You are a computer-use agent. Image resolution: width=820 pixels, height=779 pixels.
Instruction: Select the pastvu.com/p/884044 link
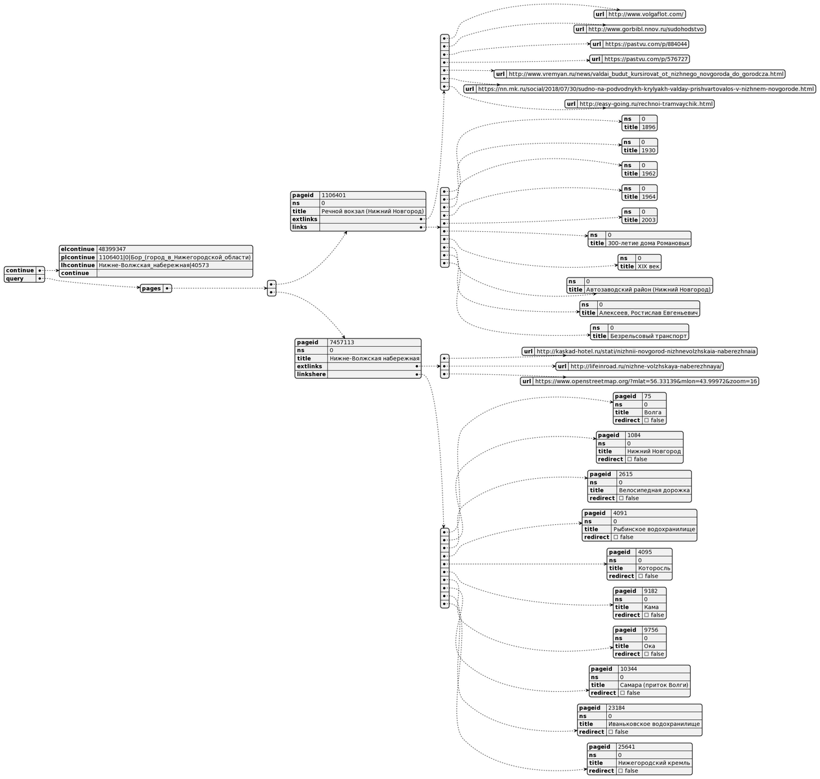tap(645, 44)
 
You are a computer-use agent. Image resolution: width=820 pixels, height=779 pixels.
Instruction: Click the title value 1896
tap(648, 127)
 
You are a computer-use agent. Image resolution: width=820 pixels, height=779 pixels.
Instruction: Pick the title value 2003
tap(648, 220)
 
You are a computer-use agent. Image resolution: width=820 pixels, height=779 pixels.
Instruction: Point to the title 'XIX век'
tap(648, 266)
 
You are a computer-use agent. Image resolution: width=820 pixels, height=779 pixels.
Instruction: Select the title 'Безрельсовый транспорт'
tap(648, 336)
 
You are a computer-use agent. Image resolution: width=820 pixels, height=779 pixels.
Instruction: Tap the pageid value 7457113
tap(341, 342)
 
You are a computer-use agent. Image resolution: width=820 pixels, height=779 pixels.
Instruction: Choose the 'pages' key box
tap(151, 288)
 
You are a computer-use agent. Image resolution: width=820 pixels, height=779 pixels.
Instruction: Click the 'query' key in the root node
tap(15, 279)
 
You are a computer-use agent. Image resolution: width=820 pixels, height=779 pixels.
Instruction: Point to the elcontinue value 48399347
tap(112, 249)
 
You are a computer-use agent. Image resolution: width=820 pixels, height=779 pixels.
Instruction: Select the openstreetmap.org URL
tap(646, 381)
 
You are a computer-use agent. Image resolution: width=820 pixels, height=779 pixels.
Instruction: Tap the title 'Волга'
tap(652, 413)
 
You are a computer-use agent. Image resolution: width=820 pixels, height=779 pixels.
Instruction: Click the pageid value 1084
tap(634, 435)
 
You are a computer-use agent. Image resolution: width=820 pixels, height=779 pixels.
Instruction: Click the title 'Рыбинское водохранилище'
tap(654, 530)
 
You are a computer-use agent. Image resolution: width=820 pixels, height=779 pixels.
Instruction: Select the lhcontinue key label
tap(78, 265)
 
